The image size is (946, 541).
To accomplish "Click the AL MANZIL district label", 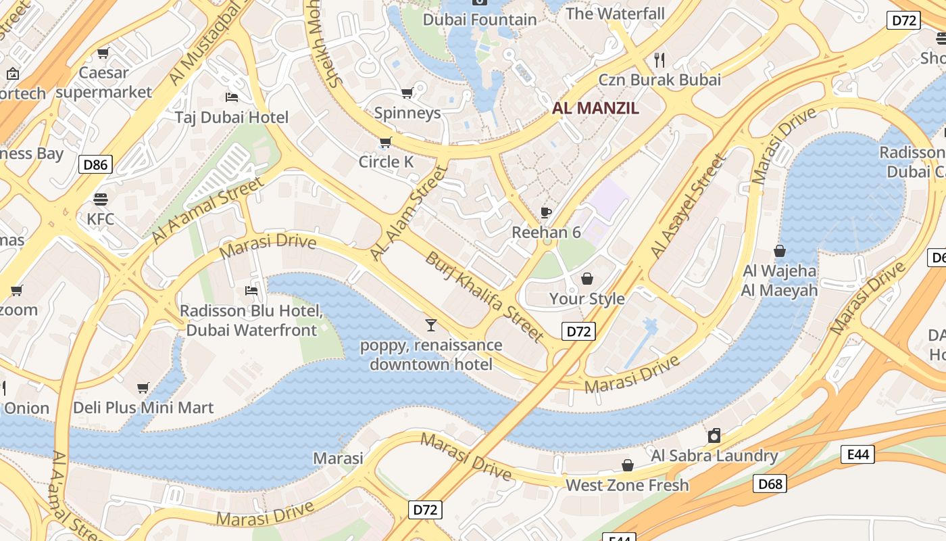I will pos(595,108).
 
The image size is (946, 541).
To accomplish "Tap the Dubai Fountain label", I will pos(480,20).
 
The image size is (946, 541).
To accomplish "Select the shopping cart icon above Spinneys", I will pos(407,93).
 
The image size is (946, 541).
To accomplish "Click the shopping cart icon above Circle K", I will pos(385,142).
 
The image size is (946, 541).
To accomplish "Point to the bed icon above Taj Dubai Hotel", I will pos(232,97).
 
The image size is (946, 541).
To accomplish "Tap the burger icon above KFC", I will pos(101,199).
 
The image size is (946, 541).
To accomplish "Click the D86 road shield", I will pos(95,164).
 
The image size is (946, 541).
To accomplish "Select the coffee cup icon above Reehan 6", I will pos(546,213).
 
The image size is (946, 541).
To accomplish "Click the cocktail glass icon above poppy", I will pos(431,325).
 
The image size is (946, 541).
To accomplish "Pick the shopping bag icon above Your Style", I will pos(587,279).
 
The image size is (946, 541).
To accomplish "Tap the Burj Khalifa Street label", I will pos(484,298).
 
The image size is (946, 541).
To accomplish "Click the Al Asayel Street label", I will pos(687,207).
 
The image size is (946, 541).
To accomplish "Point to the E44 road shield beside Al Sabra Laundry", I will pos(857,454).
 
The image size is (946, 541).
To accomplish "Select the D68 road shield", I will pos(770,484).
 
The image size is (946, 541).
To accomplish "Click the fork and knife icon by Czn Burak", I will pos(660,60).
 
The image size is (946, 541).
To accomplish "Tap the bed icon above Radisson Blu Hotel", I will pos(251,291).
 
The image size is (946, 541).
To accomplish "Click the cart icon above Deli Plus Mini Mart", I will pos(143,388).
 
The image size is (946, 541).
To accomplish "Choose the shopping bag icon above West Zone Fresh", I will pos(628,465).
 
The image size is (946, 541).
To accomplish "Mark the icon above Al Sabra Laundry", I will pos(714,436).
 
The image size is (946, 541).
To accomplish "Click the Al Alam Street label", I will pos(409,213).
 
